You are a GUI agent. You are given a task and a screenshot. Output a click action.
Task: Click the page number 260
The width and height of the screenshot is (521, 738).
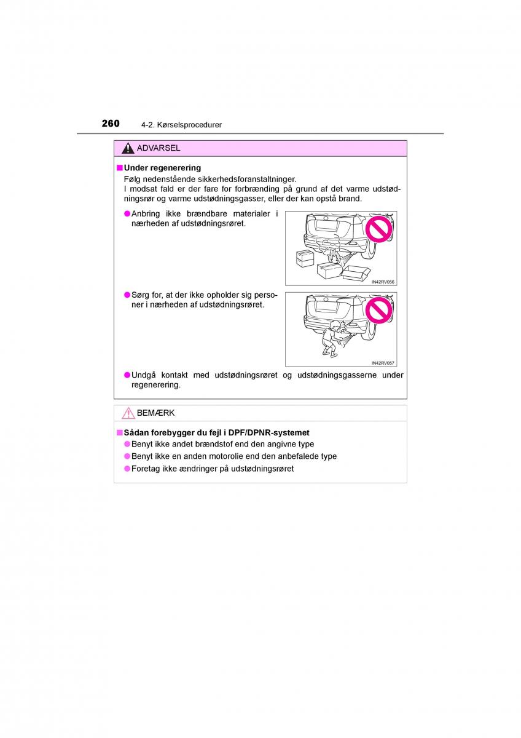coord(111,123)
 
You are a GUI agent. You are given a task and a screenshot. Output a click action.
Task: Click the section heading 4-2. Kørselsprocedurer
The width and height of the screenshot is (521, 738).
coord(181,125)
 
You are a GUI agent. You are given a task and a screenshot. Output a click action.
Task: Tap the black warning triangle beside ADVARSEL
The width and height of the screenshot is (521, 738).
coord(128,148)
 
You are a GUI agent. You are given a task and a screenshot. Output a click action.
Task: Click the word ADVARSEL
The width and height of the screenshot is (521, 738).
coord(159,148)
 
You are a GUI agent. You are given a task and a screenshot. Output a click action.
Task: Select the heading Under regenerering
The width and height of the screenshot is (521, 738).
coord(162,167)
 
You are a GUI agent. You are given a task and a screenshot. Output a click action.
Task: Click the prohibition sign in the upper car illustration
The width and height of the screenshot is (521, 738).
coord(378,229)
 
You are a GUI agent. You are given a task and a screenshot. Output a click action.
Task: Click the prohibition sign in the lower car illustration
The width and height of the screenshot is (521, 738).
coord(378,311)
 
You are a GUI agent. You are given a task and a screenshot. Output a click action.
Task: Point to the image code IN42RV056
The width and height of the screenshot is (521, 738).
coord(383,282)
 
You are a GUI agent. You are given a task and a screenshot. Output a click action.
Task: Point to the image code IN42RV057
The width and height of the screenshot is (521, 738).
coord(383,363)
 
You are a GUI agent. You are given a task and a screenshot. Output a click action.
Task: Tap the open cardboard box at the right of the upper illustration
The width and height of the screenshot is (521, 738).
coord(357,272)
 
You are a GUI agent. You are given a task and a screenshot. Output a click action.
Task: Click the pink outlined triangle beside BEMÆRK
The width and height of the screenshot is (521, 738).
coord(128,413)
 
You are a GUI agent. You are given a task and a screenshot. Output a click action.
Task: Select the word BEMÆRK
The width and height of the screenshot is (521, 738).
coord(155,413)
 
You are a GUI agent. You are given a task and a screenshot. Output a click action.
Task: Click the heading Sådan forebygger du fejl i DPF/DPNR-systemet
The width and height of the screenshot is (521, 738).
coord(216,432)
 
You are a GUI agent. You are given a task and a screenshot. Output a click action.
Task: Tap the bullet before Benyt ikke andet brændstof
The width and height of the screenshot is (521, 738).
coord(127,444)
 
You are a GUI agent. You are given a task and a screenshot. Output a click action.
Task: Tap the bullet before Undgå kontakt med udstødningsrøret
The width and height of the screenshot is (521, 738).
coord(127,375)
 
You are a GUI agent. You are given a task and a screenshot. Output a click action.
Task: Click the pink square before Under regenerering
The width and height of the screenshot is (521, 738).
coord(120,167)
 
